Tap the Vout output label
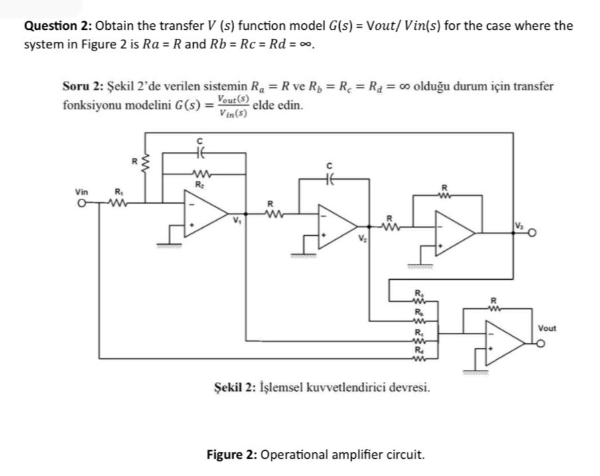point(548,328)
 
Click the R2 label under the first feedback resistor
point(197,184)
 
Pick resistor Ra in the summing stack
point(418,298)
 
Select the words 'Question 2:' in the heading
point(58,26)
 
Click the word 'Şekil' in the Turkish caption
point(225,387)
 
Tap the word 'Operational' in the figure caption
point(294,455)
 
